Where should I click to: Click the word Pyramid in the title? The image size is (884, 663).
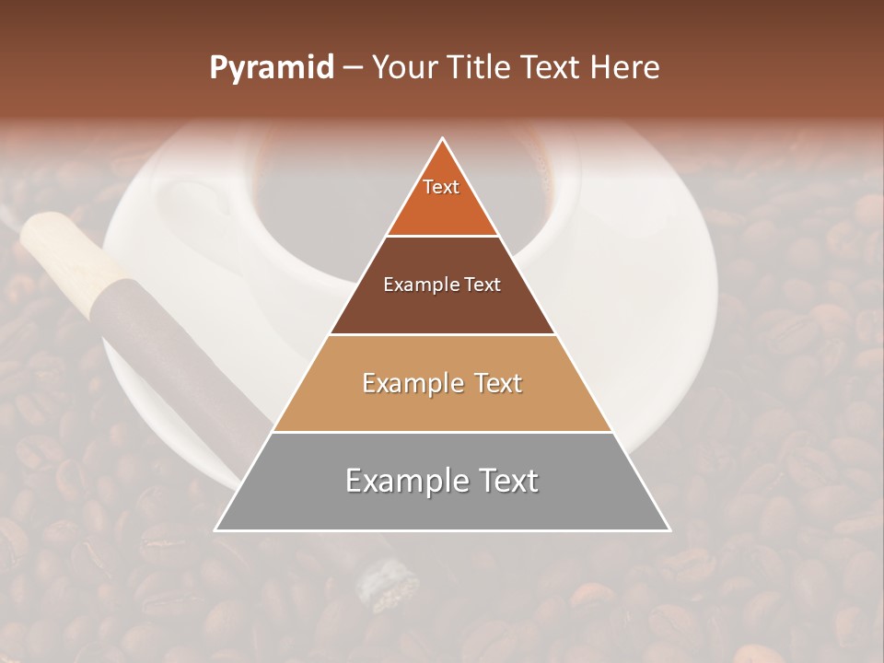pos(271,68)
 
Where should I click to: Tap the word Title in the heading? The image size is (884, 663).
pos(478,68)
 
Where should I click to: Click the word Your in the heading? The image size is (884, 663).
pos(405,68)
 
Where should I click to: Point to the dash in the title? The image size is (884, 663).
pos(352,68)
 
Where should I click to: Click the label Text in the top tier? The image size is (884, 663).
pos(441,187)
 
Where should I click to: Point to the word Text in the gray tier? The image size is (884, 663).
pos(506,481)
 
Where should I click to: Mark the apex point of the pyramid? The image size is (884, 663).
pos(443,139)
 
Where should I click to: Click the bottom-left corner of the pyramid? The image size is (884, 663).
pos(216,529)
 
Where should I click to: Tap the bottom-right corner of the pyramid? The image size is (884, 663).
pos(669,529)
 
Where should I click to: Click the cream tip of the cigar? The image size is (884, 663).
pos(64,249)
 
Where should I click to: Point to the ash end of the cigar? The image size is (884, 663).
pos(382,580)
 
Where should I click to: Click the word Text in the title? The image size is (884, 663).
pos(552,68)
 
